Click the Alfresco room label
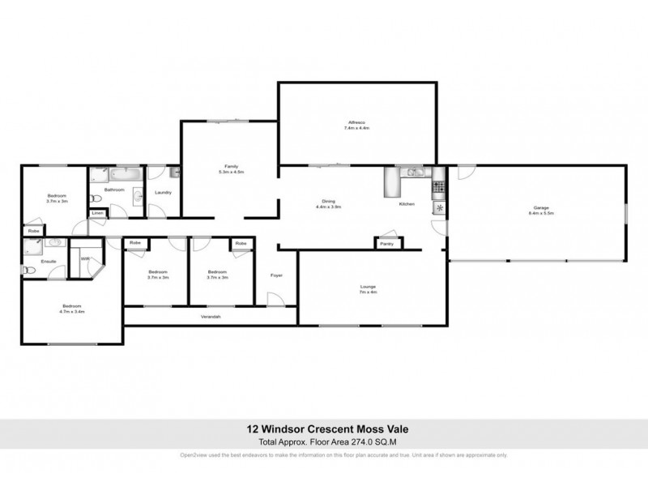click(x=356, y=126)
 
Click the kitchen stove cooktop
click(x=439, y=189)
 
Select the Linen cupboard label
click(x=97, y=213)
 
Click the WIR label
click(x=83, y=259)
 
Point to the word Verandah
click(x=211, y=316)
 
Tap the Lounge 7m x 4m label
click(x=369, y=289)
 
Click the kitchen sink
click(x=414, y=172)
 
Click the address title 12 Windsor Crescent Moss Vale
click(x=323, y=431)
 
